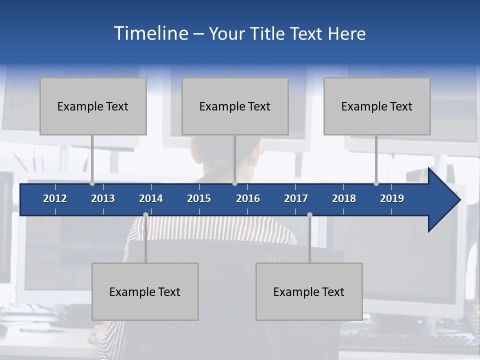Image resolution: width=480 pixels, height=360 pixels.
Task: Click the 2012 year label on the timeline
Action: pos(55,198)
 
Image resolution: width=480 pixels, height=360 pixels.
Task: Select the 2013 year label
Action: pos(103,198)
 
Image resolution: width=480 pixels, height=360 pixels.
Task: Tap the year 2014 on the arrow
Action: pos(151,198)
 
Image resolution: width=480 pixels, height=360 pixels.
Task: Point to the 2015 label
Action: pos(199,198)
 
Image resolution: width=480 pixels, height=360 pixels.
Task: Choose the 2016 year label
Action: pos(248,198)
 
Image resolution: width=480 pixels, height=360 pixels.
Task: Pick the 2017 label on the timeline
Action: pos(296,198)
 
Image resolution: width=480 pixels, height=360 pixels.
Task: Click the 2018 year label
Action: pos(344,198)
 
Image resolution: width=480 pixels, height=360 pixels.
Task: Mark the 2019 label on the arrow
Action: pos(392,198)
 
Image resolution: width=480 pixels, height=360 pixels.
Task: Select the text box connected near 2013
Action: pos(93,106)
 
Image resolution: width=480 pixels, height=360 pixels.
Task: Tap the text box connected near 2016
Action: pos(235,106)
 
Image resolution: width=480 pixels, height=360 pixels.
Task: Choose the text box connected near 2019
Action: pos(377,106)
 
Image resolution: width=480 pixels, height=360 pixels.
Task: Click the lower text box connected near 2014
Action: pos(145,292)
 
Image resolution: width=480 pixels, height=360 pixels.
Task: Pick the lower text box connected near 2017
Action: pos(309,292)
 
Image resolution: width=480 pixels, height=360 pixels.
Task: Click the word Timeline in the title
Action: pos(150,33)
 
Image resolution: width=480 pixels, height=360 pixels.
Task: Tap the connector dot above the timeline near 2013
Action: pos(92,183)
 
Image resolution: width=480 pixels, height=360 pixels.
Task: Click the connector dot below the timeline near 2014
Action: pos(145,215)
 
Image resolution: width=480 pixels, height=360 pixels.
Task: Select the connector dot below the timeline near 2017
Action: pos(309,215)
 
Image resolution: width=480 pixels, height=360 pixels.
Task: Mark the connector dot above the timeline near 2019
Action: pos(376,183)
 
